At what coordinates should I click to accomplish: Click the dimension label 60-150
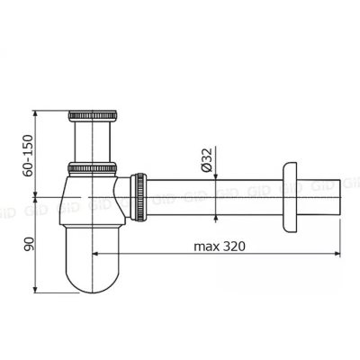28,156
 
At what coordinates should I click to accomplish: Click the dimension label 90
30,244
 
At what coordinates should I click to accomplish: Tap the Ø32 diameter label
207,159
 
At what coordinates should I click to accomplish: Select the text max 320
220,247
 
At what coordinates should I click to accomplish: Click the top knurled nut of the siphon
93,116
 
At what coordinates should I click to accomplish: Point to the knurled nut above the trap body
93,168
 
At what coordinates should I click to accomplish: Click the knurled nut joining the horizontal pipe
139,197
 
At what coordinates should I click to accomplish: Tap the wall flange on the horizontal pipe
290,197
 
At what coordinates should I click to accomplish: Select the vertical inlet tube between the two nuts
93,141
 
